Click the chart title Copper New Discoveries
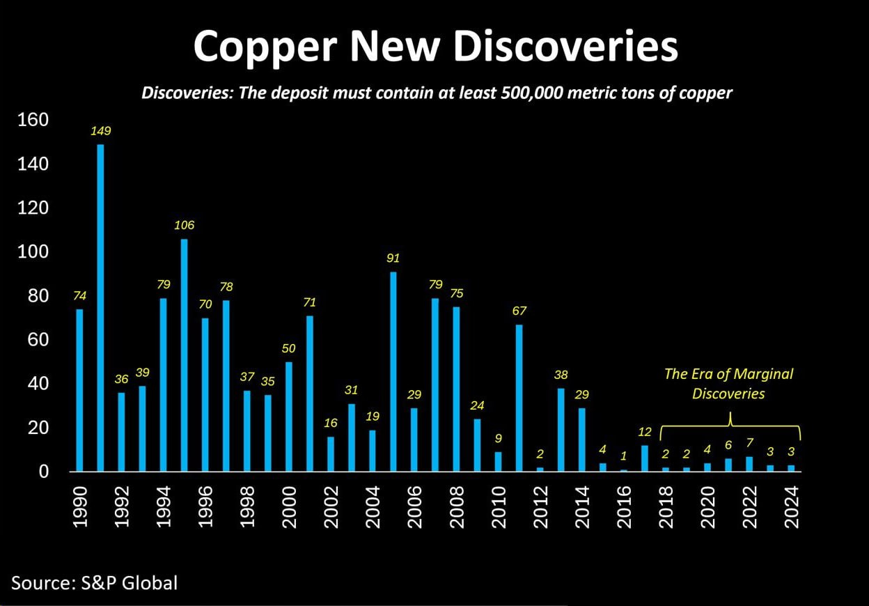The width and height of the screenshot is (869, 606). pos(435,47)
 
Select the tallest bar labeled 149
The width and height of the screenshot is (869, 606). pos(100,307)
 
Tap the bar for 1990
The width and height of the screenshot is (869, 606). pos(79,390)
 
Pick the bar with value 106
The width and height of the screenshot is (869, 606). pos(184,355)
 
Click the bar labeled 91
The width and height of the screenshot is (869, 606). pos(393,371)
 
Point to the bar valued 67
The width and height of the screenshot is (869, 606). pos(519,398)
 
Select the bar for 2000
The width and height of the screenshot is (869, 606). pos(288,417)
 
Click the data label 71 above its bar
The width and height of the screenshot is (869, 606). pos(310,302)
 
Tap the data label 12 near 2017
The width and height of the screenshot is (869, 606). pos(645,432)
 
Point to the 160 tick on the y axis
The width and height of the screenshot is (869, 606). pos(33,120)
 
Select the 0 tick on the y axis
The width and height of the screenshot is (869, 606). pos(43,472)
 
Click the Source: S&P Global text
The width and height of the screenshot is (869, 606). pos(95,582)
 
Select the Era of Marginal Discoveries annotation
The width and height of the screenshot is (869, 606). pos(728,384)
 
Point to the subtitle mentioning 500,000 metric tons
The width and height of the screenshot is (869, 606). pos(437,93)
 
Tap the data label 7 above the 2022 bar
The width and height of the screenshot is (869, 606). pos(749,443)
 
